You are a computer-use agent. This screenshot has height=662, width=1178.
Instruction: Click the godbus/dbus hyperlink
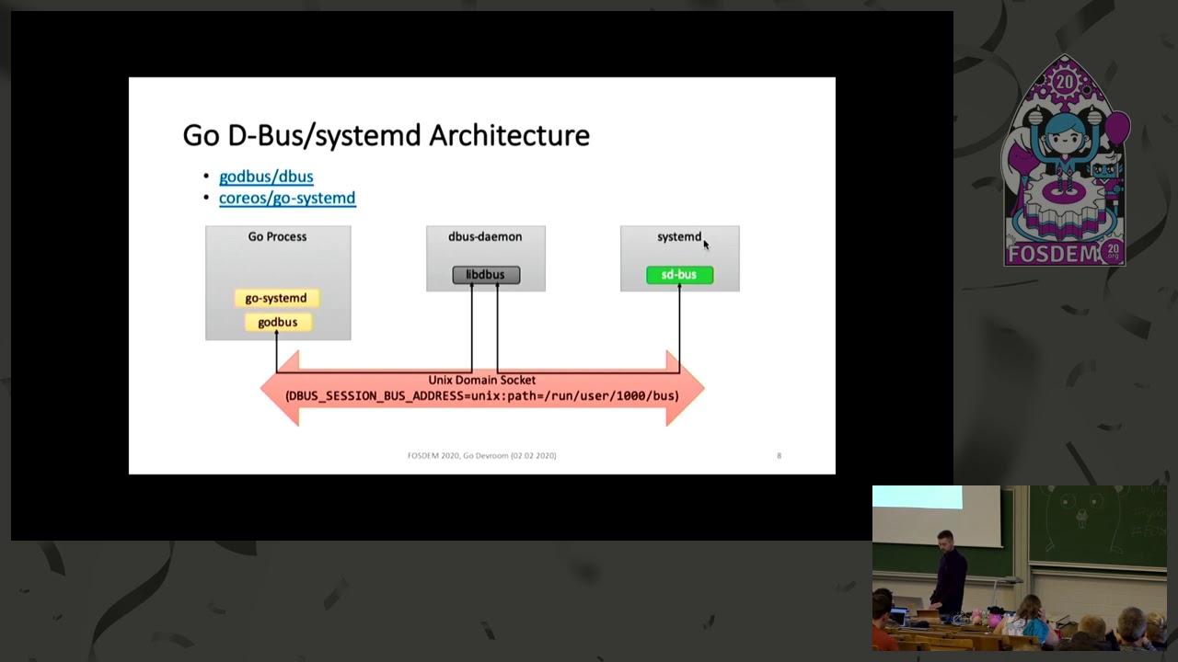tap(266, 177)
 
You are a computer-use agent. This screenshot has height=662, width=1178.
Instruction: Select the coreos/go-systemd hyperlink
tap(287, 198)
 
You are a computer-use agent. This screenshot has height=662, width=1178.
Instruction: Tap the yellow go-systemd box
tap(276, 298)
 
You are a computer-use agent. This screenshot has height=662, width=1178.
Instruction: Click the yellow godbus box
tap(277, 322)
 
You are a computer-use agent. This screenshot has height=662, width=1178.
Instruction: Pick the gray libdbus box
tap(486, 275)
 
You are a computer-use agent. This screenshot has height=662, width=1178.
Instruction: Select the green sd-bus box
tap(679, 275)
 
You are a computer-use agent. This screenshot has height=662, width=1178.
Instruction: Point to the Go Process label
tap(277, 237)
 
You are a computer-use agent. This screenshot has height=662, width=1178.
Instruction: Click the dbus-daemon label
tap(485, 237)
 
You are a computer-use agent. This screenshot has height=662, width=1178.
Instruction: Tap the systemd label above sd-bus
tap(678, 237)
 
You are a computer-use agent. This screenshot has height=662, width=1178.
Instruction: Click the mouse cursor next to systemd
tap(706, 244)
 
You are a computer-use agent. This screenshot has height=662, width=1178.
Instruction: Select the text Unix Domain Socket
tap(481, 380)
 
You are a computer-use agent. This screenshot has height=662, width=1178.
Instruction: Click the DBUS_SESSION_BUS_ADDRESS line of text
tap(481, 396)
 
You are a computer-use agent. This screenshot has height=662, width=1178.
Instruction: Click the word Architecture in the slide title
tap(509, 136)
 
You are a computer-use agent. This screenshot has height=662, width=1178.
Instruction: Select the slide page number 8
tap(779, 456)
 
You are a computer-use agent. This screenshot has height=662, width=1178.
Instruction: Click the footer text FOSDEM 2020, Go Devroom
tap(481, 456)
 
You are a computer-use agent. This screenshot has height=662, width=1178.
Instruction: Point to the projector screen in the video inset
tap(936, 516)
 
